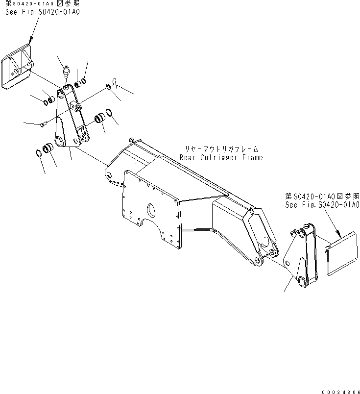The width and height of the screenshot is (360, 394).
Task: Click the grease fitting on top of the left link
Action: point(67,73)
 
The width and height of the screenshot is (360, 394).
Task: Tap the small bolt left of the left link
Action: point(42,125)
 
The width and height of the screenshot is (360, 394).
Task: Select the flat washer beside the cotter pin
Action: point(107,87)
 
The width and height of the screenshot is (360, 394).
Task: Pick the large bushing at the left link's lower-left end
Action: point(49,148)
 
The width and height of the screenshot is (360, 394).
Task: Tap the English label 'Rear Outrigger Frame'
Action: point(221,157)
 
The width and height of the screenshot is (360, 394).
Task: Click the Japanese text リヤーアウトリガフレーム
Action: point(221,148)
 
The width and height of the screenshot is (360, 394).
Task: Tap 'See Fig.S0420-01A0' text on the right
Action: point(322,205)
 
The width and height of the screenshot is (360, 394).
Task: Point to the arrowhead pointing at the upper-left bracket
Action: point(30,41)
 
